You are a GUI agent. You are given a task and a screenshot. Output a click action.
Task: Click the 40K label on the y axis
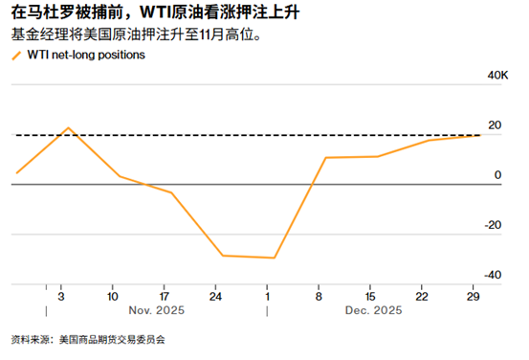(497, 75)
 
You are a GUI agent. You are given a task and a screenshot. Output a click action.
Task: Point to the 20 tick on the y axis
(495, 125)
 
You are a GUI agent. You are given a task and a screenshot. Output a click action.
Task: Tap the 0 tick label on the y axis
(496, 175)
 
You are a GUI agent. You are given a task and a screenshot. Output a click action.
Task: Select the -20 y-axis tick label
(494, 225)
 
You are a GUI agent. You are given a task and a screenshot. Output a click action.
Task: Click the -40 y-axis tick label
(494, 275)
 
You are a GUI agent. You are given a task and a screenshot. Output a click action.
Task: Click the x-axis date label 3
(60, 296)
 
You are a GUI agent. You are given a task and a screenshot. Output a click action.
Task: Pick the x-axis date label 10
(113, 296)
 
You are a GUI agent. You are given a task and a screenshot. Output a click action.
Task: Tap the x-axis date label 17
(165, 296)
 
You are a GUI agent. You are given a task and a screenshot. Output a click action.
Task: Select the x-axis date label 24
(215, 296)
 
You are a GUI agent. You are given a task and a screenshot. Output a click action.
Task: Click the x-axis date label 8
(320, 296)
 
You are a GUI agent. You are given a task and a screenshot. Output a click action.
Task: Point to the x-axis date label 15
(371, 296)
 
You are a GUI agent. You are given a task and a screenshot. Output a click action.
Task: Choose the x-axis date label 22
(423, 296)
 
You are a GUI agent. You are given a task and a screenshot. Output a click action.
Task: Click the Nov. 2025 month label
(156, 310)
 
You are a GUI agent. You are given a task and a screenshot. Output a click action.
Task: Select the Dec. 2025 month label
(373, 310)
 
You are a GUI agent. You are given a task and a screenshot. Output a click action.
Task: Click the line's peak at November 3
(68, 127)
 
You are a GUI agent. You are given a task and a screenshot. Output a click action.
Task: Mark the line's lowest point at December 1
(275, 258)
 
